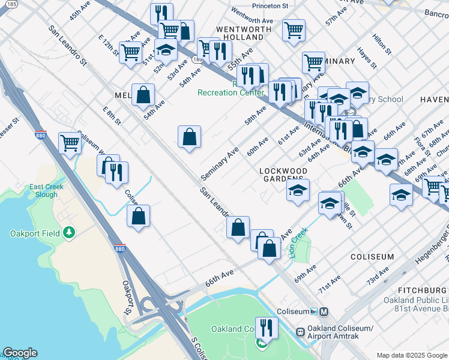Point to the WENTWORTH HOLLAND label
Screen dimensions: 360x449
pos(240,32)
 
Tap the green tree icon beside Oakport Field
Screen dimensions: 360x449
pos(69,232)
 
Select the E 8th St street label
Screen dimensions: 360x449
pos(111,115)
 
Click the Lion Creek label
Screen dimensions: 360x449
pos(298,242)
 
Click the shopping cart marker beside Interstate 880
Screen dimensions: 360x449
pos(70,144)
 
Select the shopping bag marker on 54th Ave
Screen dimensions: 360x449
pos(143,94)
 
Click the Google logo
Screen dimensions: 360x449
pos(20,353)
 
